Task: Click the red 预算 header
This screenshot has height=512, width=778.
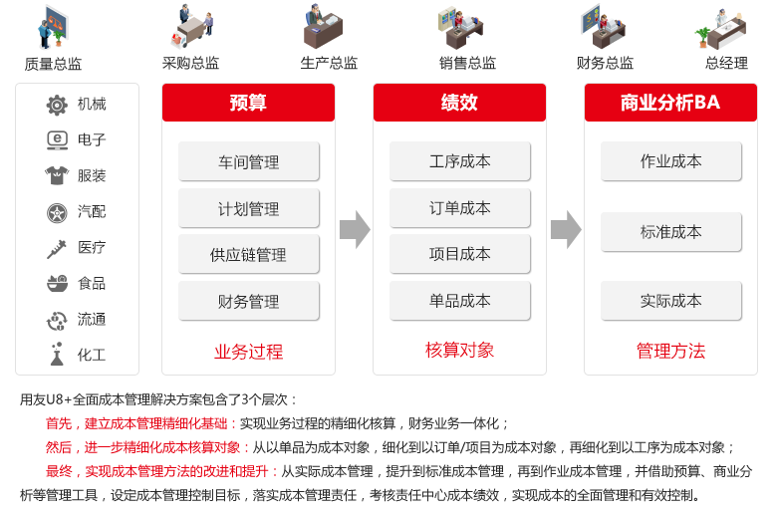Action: (248, 103)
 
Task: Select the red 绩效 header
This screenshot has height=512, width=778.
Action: (459, 103)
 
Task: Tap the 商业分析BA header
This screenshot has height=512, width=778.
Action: (670, 103)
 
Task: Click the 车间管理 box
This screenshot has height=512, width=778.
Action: (249, 161)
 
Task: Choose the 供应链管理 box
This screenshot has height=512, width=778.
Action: (249, 255)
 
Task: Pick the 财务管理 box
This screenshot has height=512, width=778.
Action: (249, 301)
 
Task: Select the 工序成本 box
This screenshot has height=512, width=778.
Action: (460, 161)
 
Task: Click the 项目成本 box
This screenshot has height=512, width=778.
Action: (460, 255)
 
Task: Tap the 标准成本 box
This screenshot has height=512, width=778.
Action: (670, 232)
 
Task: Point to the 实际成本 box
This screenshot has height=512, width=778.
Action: (670, 301)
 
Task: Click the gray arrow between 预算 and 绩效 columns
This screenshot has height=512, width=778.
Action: (355, 229)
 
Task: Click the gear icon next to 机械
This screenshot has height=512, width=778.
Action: (57, 105)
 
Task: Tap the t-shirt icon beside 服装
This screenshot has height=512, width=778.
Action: (57, 175)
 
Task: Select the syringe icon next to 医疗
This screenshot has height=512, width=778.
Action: (57, 249)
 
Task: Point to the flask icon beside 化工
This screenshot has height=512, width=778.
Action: (57, 354)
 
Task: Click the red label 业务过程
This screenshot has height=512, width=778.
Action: (249, 352)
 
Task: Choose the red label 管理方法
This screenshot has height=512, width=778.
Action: (670, 351)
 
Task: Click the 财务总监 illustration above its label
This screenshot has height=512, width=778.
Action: (603, 27)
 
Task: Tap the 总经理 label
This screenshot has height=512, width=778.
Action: (726, 63)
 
